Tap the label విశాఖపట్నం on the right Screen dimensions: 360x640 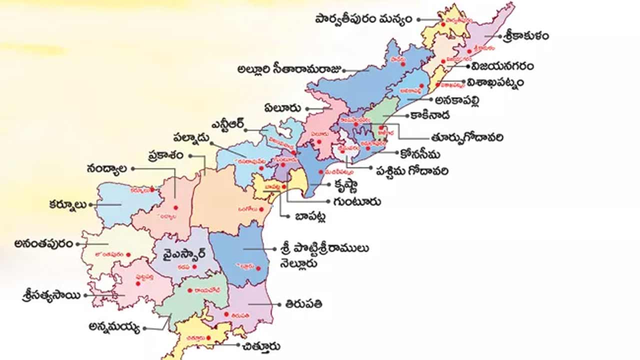point(496,82)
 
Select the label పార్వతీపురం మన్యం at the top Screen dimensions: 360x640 point(363,19)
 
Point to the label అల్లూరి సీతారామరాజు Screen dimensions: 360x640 point(289,69)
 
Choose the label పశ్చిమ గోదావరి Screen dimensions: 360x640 point(412,171)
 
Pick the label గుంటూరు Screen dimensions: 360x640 point(356,202)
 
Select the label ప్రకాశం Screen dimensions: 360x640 point(169,155)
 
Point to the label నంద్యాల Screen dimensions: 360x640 point(106,168)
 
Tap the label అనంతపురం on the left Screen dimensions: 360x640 point(44,243)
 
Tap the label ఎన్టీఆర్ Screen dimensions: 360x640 point(228,125)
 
